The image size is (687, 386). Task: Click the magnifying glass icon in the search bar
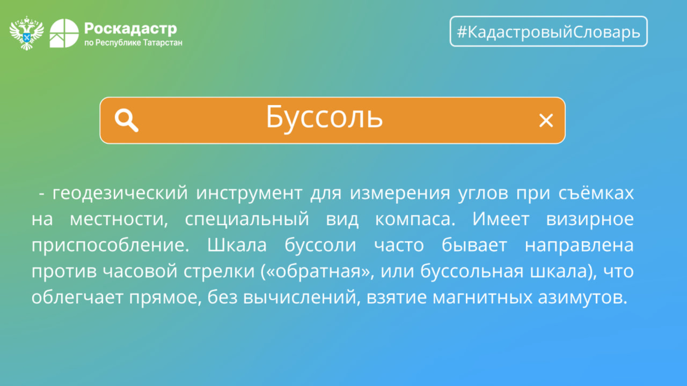(x=126, y=120)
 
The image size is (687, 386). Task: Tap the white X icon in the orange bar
(x=546, y=121)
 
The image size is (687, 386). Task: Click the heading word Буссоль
(x=324, y=118)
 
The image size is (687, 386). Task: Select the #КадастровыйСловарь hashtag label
(x=549, y=32)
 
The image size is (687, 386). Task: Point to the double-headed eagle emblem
(x=27, y=33)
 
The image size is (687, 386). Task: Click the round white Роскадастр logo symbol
(x=64, y=33)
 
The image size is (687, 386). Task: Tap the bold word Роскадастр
(x=131, y=28)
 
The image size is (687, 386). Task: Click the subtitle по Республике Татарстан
(x=134, y=42)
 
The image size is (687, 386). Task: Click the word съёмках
(x=596, y=193)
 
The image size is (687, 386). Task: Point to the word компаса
(x=415, y=219)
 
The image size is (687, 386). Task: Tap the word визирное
(x=590, y=219)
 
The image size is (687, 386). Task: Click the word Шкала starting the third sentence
(x=237, y=245)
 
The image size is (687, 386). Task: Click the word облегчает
(x=77, y=298)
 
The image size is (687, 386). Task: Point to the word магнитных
(x=483, y=298)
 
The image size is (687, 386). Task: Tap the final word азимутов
(x=583, y=298)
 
